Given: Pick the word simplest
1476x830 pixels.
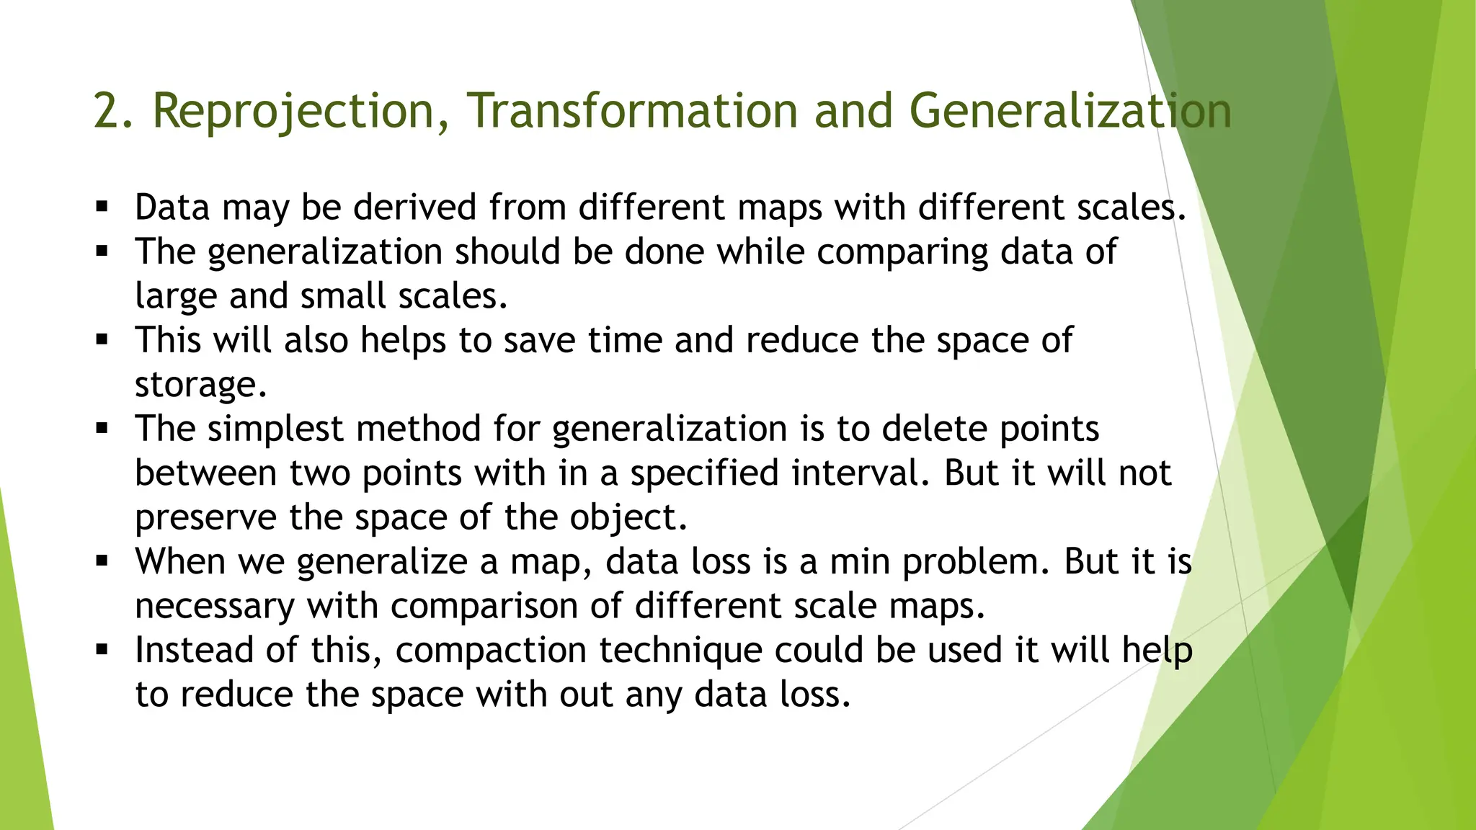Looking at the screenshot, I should (275, 429).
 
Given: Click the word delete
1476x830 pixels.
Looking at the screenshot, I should (933, 429).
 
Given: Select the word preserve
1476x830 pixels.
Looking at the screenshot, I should (206, 518).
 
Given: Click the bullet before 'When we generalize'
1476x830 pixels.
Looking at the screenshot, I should (102, 561).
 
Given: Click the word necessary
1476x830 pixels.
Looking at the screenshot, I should (215, 606).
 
